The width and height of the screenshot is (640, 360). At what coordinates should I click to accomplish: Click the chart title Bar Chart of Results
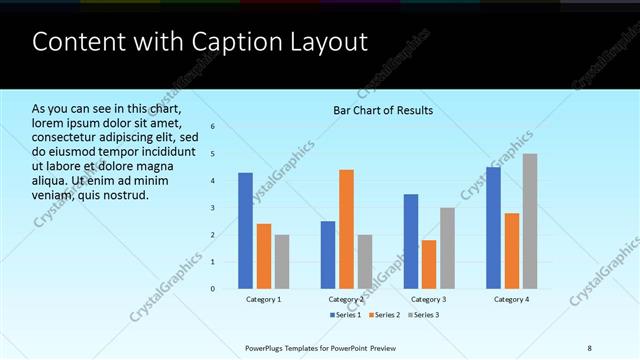[383, 110]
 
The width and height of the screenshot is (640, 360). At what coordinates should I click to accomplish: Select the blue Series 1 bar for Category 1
[245, 231]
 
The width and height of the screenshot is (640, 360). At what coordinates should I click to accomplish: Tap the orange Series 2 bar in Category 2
[346, 229]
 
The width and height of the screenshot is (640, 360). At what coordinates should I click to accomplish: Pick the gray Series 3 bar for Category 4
[529, 221]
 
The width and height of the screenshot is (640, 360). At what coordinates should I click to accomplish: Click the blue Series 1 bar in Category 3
[411, 241]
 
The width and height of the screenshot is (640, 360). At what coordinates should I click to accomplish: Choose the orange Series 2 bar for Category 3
[429, 264]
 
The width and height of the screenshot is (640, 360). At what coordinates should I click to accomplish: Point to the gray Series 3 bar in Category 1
[281, 262]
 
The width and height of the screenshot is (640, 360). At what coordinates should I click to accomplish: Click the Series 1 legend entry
[347, 315]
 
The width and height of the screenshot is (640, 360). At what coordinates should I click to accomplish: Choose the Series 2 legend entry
[385, 315]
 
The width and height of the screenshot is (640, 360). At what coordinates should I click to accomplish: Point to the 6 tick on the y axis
[212, 127]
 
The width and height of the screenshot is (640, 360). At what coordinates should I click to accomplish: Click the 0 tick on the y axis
[212, 289]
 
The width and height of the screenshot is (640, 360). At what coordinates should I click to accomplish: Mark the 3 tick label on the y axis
[212, 208]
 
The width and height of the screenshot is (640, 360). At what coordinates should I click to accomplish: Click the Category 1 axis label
[263, 299]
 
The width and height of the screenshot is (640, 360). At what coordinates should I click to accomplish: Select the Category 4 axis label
[511, 299]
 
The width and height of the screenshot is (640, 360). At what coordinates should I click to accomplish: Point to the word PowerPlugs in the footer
[267, 347]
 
